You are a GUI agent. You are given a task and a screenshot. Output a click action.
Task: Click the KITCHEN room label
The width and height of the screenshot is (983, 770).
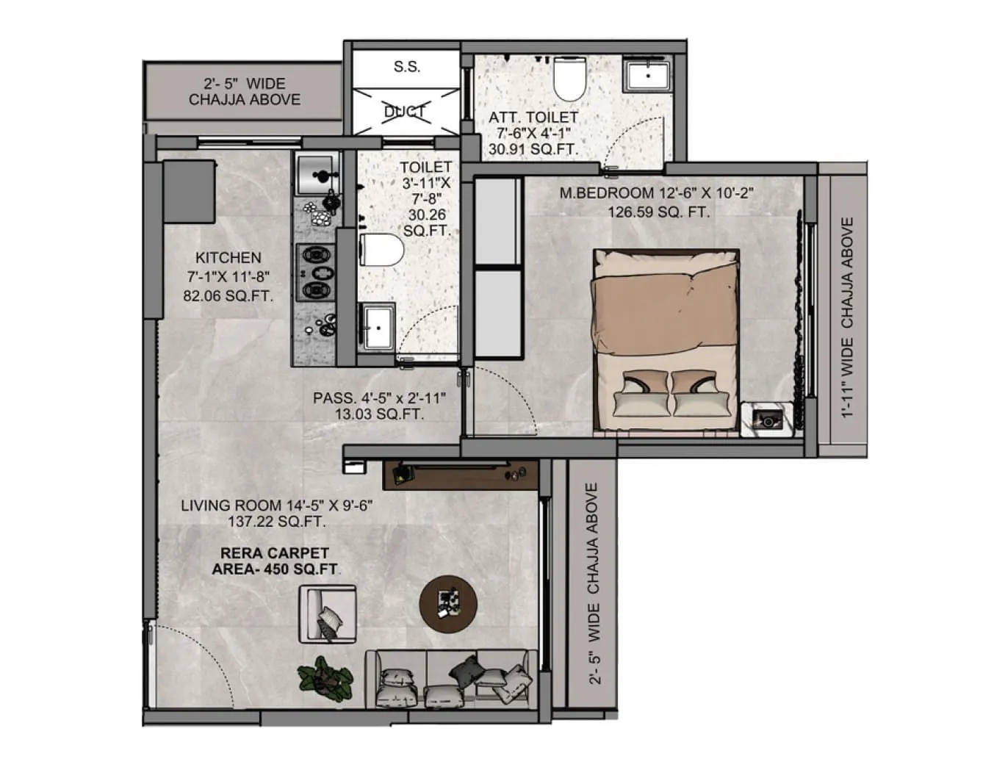[x=228, y=258]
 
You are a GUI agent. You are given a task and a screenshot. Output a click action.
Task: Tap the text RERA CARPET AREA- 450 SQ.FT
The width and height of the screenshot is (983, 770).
[x=275, y=561]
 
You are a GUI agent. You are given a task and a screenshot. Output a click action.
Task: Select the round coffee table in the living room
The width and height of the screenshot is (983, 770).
[x=448, y=605]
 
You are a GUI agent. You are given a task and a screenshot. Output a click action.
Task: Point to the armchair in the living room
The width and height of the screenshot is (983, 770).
[x=328, y=614]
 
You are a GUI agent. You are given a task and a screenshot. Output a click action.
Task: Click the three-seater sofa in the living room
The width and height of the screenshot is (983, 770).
[x=451, y=679]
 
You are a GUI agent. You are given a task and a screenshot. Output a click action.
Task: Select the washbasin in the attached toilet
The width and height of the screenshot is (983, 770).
[x=647, y=75]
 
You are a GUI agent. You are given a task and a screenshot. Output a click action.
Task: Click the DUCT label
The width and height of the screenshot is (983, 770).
[x=406, y=112]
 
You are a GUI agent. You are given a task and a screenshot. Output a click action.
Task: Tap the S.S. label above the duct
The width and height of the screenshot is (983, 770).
[x=406, y=67]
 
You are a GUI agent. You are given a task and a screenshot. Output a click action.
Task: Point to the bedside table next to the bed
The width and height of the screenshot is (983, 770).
[x=767, y=420]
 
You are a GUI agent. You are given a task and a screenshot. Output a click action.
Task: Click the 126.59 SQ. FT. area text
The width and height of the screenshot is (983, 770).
[x=658, y=212]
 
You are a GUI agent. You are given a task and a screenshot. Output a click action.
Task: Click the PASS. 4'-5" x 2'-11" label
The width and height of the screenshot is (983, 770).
[x=380, y=397]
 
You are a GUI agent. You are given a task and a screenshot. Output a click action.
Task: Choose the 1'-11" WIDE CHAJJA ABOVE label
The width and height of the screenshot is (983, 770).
[x=848, y=317]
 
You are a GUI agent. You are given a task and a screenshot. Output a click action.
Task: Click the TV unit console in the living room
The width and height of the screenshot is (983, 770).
[x=461, y=475]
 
